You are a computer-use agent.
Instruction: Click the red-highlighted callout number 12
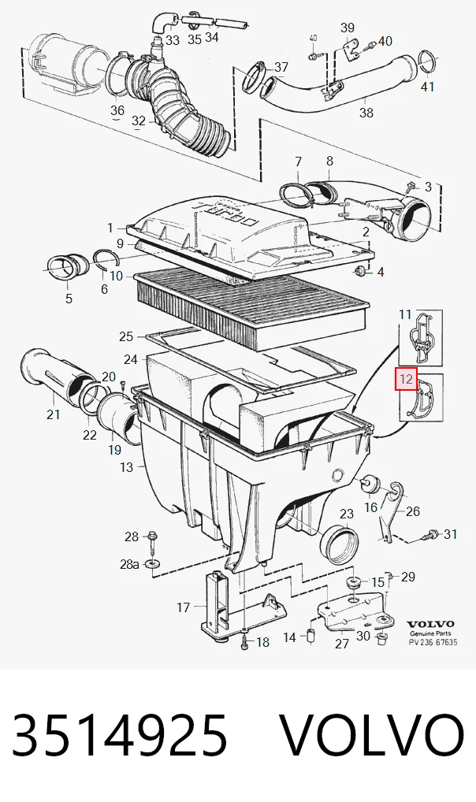point(407,379)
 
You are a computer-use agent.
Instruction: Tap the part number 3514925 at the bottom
point(120,735)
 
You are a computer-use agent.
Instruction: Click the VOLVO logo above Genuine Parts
point(430,624)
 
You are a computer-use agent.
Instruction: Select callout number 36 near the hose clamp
point(117,110)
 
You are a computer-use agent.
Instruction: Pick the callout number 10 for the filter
point(116,276)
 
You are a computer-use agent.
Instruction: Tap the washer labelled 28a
point(153,563)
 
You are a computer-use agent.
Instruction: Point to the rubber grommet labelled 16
point(369,484)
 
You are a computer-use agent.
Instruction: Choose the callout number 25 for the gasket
point(126,336)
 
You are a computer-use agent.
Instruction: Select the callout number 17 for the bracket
point(184,607)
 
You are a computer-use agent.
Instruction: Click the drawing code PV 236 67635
point(433,642)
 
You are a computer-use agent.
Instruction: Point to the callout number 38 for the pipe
point(366,112)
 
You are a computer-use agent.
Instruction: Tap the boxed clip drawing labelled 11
point(421,337)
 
